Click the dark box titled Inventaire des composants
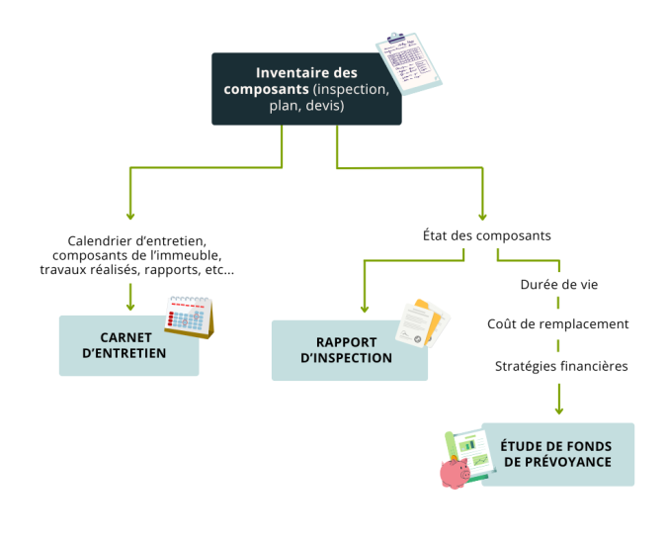pyautogui.click(x=306, y=89)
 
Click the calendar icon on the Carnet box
pyautogui.click(x=189, y=317)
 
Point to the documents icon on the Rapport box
pyautogui.click(x=423, y=322)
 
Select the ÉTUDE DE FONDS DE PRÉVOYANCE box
pyautogui.click(x=555, y=454)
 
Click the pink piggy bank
pyautogui.click(x=456, y=472)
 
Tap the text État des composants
pyautogui.click(x=486, y=236)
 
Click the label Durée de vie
pyautogui.click(x=558, y=285)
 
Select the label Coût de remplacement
pyautogui.click(x=558, y=323)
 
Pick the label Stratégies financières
pyautogui.click(x=561, y=366)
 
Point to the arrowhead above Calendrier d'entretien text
pyautogui.click(x=129, y=215)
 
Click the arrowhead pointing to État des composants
pyautogui.click(x=482, y=215)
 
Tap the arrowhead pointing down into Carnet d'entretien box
pyautogui.click(x=129, y=306)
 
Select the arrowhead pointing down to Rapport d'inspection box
pyautogui.click(x=365, y=308)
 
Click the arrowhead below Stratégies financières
pyautogui.click(x=559, y=408)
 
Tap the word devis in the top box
pyautogui.click(x=325, y=106)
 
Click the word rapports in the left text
pyautogui.click(x=176, y=270)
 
